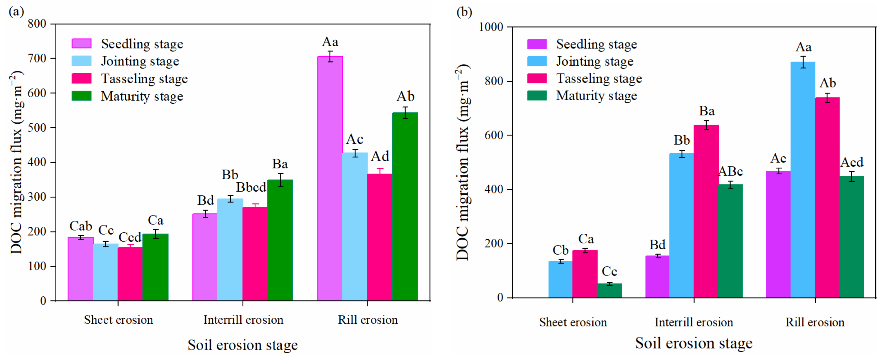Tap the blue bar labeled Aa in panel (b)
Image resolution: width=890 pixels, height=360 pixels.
(x=803, y=180)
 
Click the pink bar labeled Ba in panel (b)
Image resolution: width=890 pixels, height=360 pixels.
(x=706, y=211)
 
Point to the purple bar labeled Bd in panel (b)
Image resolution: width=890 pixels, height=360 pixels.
(x=657, y=276)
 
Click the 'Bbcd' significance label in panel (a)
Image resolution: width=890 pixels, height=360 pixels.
(x=251, y=187)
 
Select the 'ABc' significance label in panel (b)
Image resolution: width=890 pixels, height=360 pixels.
(x=730, y=171)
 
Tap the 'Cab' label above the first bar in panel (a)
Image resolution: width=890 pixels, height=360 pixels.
(x=81, y=226)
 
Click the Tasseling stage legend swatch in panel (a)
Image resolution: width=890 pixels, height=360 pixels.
(x=82, y=78)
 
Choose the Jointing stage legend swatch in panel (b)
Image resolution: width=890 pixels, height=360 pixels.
(x=537, y=61)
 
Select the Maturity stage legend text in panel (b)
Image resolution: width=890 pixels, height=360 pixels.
(x=596, y=96)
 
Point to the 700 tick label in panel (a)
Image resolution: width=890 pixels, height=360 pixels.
(x=37, y=58)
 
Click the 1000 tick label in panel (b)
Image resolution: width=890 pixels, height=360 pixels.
(x=491, y=27)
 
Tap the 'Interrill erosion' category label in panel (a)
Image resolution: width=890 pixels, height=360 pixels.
(x=243, y=320)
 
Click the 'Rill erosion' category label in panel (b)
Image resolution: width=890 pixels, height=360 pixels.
(x=815, y=322)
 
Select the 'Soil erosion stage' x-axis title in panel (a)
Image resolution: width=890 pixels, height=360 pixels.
(x=242, y=345)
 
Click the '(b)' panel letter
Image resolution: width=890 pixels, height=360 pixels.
(x=464, y=12)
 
